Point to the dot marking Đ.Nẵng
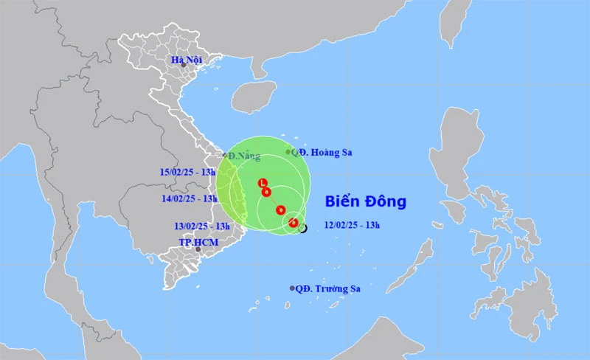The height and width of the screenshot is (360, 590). point(225,155)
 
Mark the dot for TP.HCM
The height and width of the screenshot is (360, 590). point(198,249)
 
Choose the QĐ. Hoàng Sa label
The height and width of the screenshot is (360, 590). point(322,153)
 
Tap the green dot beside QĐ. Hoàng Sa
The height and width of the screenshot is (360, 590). point(288,152)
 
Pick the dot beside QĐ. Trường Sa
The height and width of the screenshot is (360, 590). point(293,288)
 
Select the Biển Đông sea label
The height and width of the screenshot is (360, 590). point(367,201)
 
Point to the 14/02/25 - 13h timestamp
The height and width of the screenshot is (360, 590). point(189,198)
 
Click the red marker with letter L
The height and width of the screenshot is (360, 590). point(262,183)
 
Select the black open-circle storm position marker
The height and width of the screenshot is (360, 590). point(302,229)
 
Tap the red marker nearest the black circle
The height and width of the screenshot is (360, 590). point(294,223)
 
